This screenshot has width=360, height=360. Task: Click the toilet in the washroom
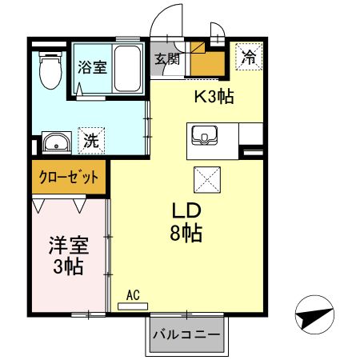point(50,70)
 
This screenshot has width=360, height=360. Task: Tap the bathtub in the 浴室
point(127,69)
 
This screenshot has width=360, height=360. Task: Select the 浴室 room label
point(92,67)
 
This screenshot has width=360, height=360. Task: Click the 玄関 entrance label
point(167,58)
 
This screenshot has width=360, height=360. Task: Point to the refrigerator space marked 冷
point(250,57)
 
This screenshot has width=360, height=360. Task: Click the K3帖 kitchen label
point(214,97)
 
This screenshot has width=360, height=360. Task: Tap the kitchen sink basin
point(205,135)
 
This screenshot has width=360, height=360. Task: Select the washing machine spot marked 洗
point(91,141)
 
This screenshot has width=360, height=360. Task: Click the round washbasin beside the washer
point(57,142)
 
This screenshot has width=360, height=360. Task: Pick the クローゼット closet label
point(69,177)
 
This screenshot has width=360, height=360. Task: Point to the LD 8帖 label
point(186,222)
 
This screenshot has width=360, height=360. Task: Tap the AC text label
point(133,295)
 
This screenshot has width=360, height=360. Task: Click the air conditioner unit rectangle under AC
point(133,306)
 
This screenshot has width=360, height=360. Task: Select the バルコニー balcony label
point(186,334)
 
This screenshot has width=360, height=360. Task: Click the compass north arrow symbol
point(314,314)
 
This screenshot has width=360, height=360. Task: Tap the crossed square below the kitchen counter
point(207,180)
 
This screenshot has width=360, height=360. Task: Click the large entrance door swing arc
point(166,19)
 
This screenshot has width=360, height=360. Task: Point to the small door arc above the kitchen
point(218,28)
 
